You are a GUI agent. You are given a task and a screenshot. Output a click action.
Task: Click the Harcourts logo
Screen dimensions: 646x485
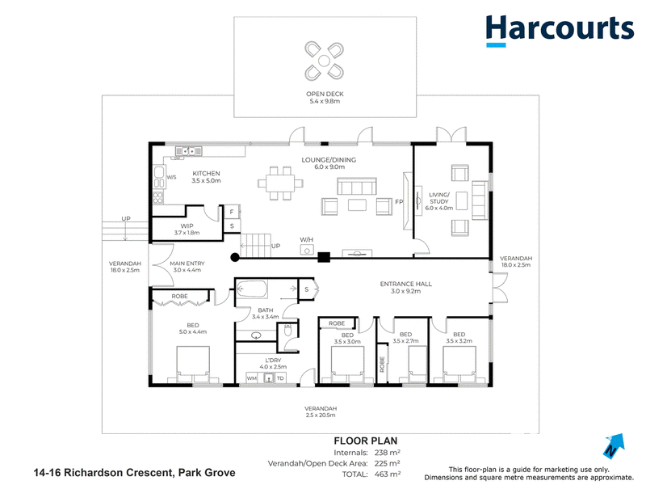click(x=560, y=31)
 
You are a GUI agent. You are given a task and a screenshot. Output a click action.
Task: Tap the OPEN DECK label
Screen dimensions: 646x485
click(x=325, y=94)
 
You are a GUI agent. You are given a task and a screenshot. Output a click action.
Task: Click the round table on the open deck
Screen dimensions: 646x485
click(x=324, y=61)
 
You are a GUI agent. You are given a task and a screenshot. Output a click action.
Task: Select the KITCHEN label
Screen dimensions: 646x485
click(x=206, y=174)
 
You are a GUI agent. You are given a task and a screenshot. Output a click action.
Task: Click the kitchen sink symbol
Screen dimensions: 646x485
click(x=189, y=151)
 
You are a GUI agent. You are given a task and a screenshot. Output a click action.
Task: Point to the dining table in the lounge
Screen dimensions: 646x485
click(x=280, y=183)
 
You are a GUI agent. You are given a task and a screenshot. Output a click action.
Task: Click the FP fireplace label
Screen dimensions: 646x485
click(x=399, y=202)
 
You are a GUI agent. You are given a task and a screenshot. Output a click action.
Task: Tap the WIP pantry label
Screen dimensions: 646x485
click(x=187, y=226)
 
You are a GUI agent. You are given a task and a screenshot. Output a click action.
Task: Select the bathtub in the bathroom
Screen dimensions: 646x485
click(x=252, y=289)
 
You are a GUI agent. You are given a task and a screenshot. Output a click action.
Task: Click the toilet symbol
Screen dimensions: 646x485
click(x=287, y=330)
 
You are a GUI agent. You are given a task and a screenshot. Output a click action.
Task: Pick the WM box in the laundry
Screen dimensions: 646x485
click(x=252, y=378)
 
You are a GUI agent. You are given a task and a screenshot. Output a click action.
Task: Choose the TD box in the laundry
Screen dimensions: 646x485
click(x=280, y=378)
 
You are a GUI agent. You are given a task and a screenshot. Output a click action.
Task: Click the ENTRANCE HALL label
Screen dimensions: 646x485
click(x=406, y=285)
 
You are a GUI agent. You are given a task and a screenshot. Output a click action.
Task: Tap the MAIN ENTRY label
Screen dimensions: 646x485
click(x=187, y=264)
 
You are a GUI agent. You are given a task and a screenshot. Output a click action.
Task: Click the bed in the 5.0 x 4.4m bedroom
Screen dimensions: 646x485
click(x=193, y=365)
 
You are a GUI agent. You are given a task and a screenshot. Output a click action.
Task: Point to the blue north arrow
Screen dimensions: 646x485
click(x=615, y=445)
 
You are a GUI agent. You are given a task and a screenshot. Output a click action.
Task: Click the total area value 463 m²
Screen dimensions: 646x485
click(x=388, y=474)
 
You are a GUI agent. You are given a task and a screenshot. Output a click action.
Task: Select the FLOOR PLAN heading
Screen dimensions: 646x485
click(x=366, y=441)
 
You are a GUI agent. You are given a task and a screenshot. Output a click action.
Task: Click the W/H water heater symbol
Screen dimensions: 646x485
click(x=307, y=249)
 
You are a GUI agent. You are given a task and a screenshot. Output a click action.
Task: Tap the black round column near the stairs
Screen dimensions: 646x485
click(x=235, y=258)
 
